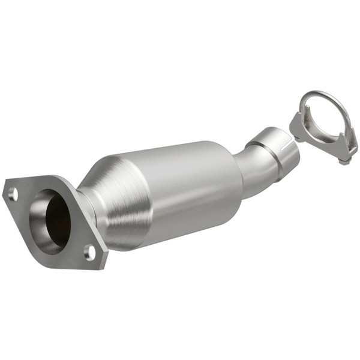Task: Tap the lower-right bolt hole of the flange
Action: pyautogui.click(x=90, y=251)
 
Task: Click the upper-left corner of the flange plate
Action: pyautogui.click(x=7, y=183)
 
